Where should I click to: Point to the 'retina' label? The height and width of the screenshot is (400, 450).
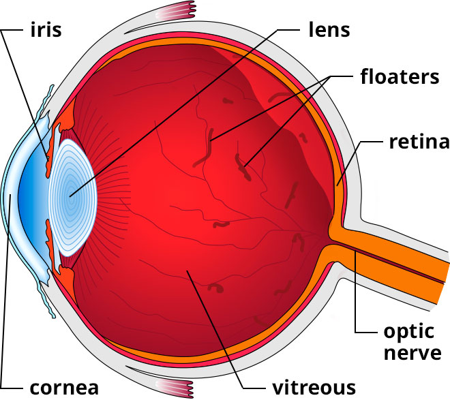coord(418,142)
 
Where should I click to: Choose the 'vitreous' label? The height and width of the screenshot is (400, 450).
coord(315,388)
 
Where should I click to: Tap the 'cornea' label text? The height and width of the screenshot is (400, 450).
coord(65,388)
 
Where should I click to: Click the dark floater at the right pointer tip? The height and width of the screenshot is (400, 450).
coord(242,164)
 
